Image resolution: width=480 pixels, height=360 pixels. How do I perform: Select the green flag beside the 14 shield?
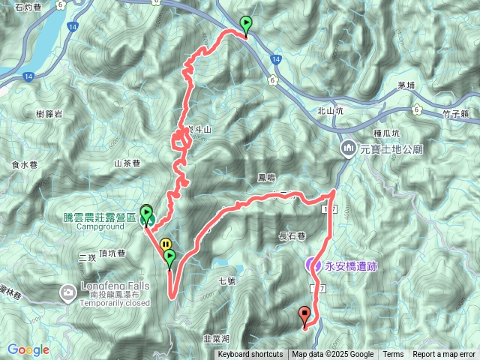tap(245, 25)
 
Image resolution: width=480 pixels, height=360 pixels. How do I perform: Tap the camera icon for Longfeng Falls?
tap(68, 291)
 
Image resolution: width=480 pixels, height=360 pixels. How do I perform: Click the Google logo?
tap(28, 349)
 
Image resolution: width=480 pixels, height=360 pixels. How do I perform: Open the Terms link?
tap(393, 355)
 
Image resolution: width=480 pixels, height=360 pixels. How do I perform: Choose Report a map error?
tap(443, 355)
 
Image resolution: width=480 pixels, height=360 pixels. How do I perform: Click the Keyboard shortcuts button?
tap(250, 355)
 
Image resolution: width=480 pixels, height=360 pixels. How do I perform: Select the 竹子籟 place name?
tap(455, 114)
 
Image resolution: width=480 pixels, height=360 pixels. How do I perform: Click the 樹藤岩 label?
tap(49, 113)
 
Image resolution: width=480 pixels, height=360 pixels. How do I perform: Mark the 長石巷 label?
tap(292, 236)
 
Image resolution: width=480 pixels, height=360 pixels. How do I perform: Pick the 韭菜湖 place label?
tap(219, 340)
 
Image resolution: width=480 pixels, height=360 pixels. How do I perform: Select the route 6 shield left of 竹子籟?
tap(415, 110)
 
